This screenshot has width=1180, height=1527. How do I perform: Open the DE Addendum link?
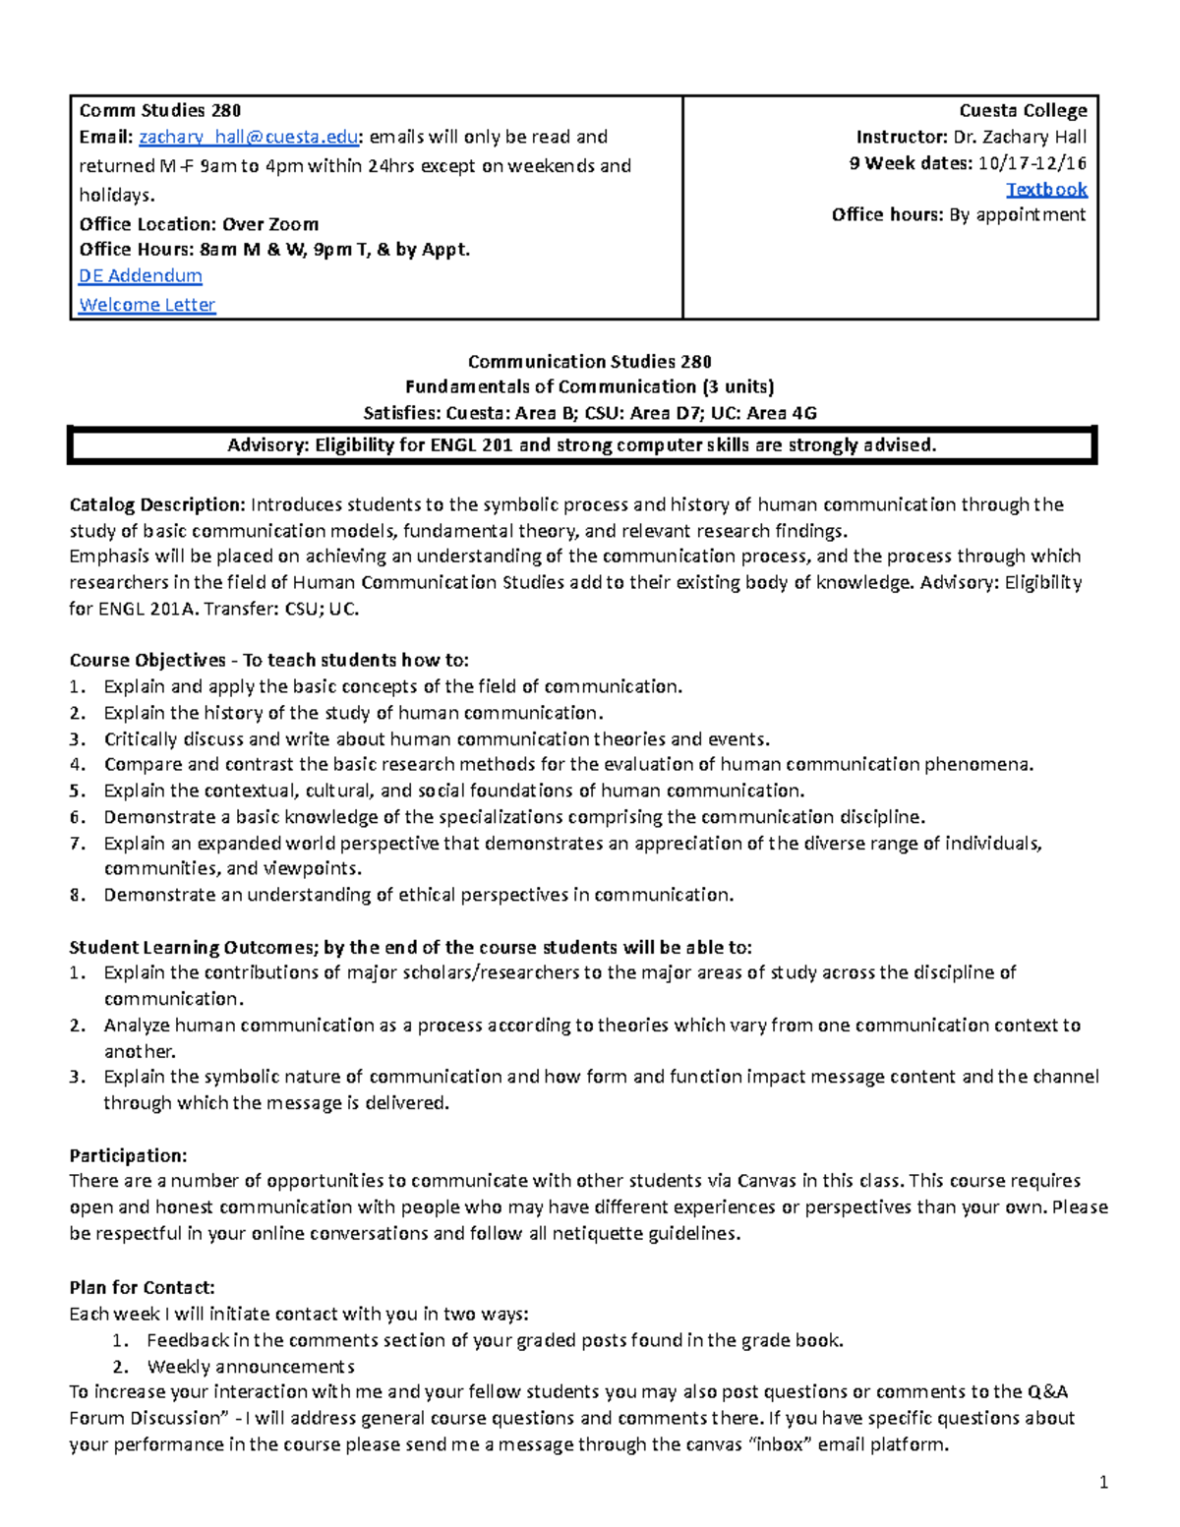point(141,276)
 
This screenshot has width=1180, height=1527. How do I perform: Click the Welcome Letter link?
point(147,305)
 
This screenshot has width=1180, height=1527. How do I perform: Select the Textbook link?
point(1046,189)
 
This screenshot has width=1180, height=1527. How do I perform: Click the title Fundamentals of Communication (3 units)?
point(589,386)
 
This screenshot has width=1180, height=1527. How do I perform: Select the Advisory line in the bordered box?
point(582,445)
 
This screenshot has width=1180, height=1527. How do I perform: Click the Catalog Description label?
point(156,505)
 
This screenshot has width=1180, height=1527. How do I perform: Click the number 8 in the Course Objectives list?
point(77,895)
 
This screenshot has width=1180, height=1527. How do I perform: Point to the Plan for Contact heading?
point(142,1287)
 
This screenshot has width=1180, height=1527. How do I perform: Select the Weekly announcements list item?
point(251,1366)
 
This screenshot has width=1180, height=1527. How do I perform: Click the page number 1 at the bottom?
point(1104,1482)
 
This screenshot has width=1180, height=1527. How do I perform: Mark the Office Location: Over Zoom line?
point(199,224)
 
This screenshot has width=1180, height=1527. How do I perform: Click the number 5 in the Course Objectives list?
point(77,791)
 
